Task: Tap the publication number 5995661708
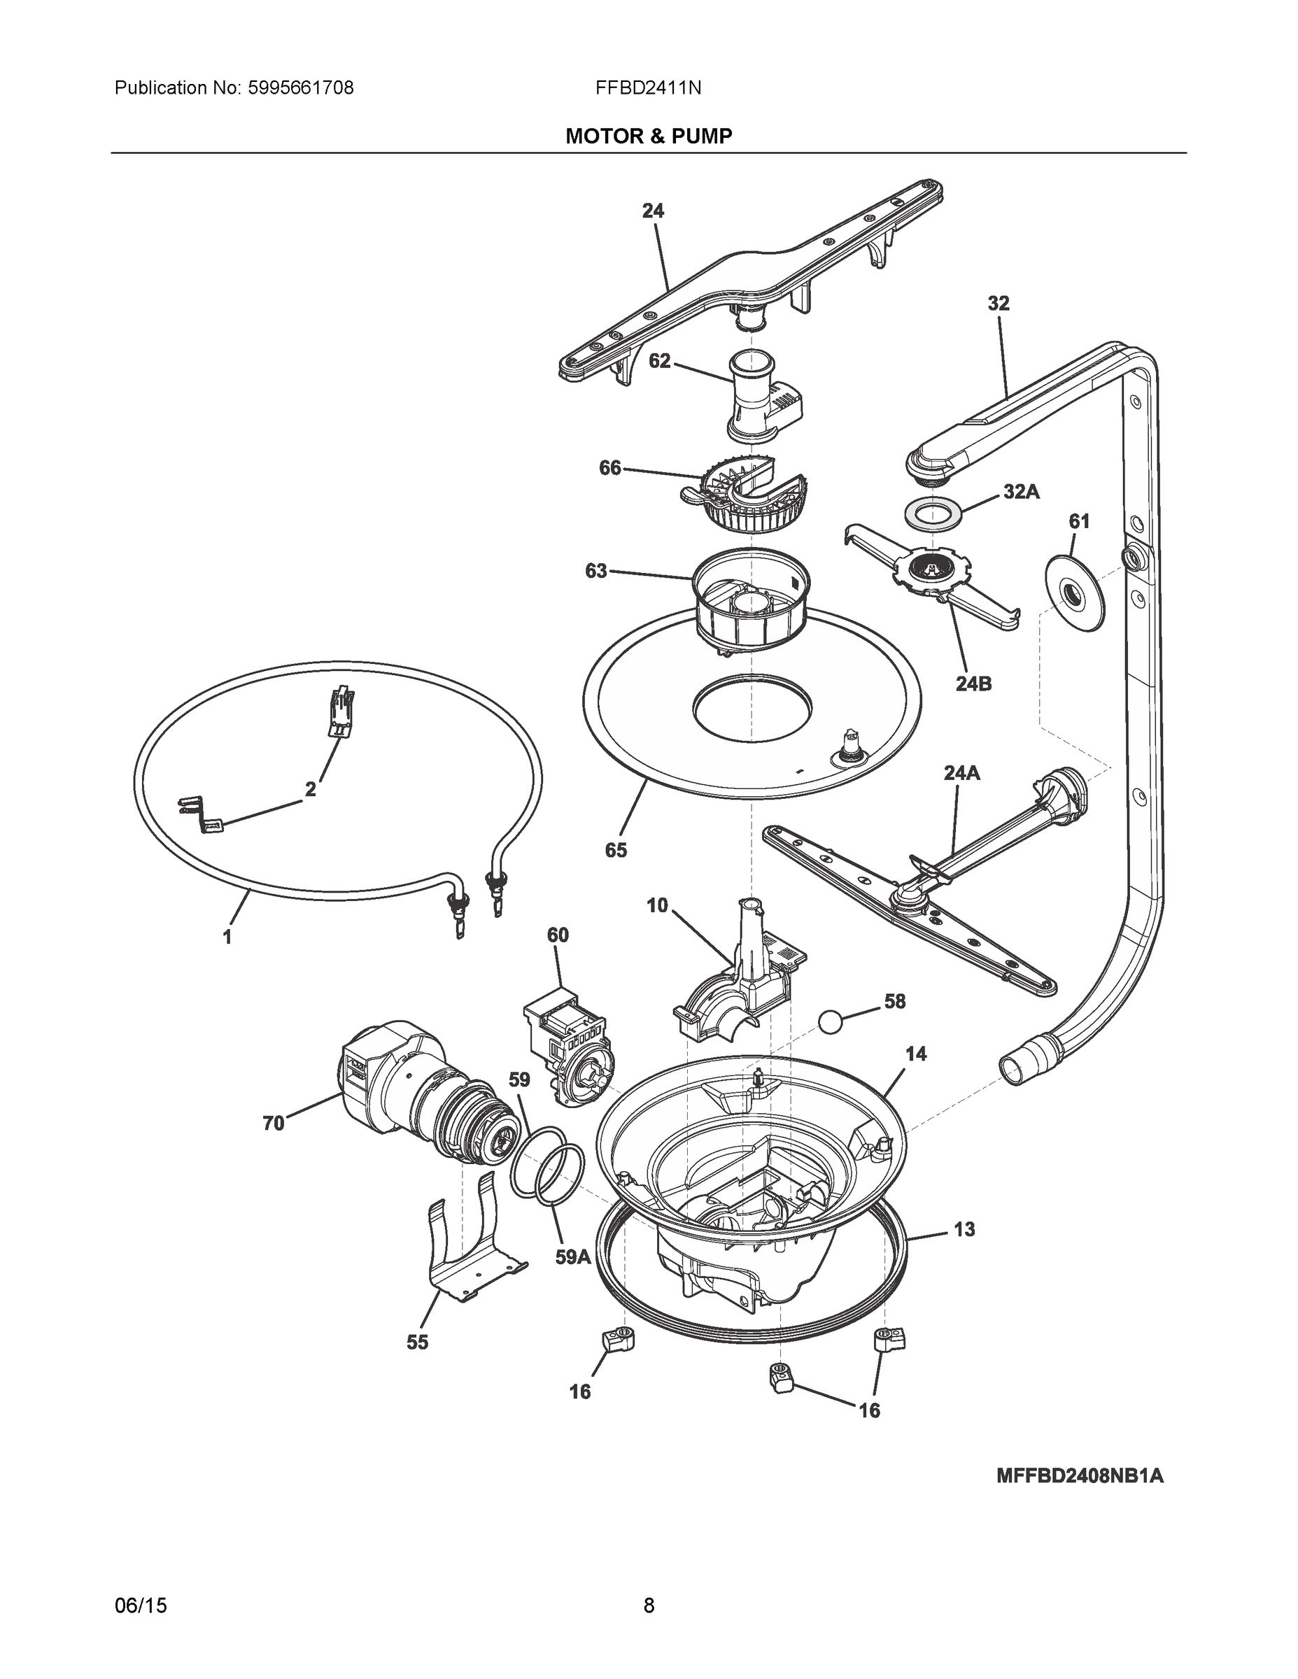point(300,88)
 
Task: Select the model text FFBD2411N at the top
point(647,88)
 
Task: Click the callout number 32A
point(1021,492)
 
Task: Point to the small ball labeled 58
point(831,1021)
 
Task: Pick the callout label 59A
point(573,1258)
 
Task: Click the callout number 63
point(596,571)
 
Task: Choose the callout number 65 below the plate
point(616,849)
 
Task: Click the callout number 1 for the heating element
point(227,937)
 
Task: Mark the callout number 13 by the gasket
point(964,1229)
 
